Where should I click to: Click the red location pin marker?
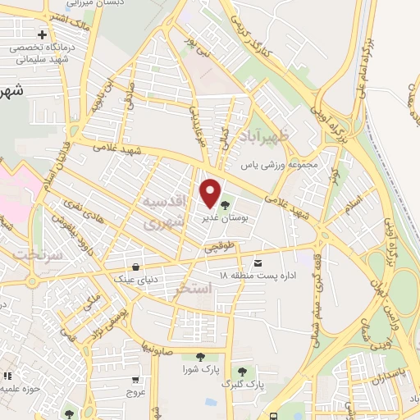coord(211,192)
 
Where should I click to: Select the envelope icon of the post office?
coord(259,262)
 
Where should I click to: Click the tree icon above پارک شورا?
coord(199,356)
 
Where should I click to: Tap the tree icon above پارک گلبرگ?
coord(242,371)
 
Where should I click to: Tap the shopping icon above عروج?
coord(135,380)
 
